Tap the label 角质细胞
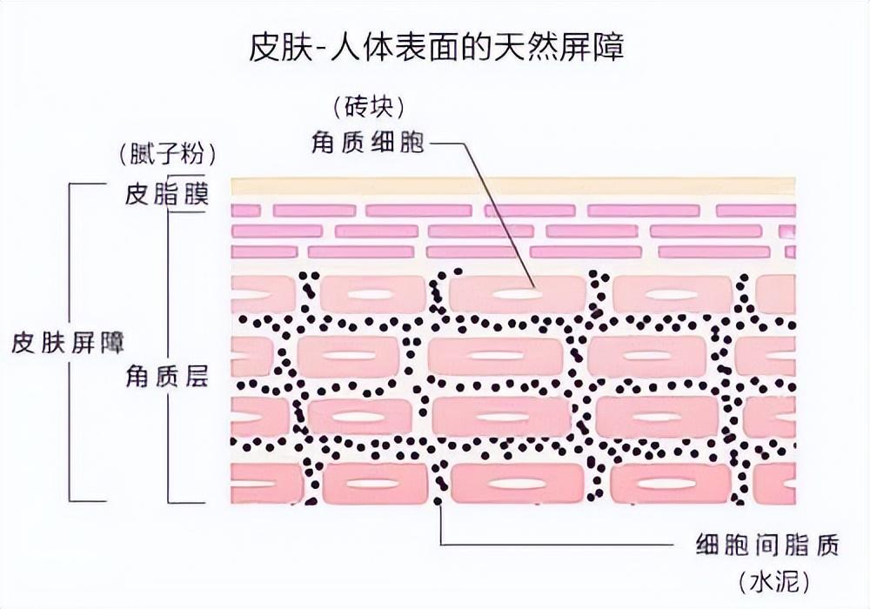point(368,142)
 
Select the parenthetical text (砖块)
point(368,107)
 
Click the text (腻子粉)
point(167,155)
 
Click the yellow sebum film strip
point(513,186)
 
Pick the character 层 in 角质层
point(196,376)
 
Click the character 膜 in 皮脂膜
point(196,194)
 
